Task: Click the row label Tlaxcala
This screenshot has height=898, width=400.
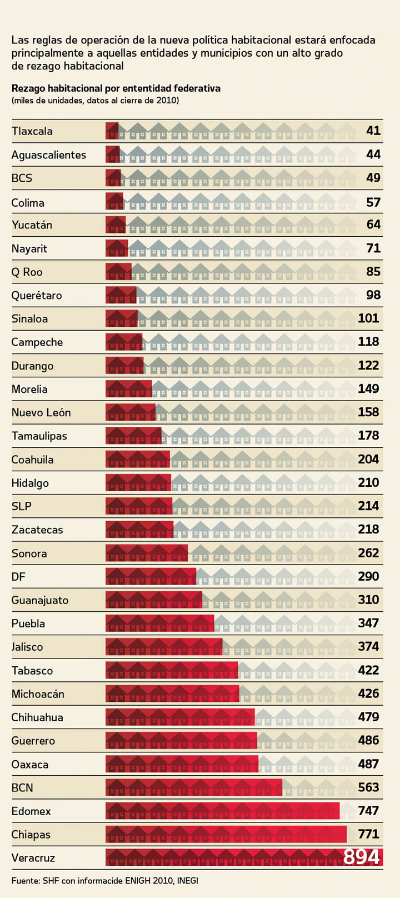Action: click(x=32, y=132)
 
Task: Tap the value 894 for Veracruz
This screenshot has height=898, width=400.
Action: click(x=361, y=857)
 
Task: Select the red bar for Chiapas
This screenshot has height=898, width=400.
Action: click(x=226, y=834)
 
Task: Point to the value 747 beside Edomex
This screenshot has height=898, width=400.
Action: click(x=368, y=811)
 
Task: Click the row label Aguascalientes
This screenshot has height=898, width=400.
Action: click(x=49, y=155)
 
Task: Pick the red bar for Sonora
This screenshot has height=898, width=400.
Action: click(x=147, y=553)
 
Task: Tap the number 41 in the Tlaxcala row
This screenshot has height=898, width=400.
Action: click(x=373, y=131)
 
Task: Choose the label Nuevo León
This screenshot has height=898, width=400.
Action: click(x=41, y=413)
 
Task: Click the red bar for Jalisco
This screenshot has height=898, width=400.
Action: click(x=164, y=647)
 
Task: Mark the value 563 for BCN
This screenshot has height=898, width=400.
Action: click(x=368, y=787)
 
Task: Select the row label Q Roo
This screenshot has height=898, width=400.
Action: click(x=27, y=272)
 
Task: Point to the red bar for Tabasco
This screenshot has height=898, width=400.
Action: click(x=172, y=670)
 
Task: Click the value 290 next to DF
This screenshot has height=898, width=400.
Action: click(x=368, y=576)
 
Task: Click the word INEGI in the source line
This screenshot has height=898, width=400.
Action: click(x=187, y=881)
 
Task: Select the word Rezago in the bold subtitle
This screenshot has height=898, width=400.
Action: click(x=28, y=88)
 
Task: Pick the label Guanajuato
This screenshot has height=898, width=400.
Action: click(x=40, y=600)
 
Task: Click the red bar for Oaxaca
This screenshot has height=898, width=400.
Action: click(x=182, y=764)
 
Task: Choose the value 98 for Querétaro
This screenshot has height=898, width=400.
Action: click(x=373, y=295)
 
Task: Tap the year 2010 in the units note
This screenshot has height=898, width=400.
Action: click(x=168, y=100)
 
